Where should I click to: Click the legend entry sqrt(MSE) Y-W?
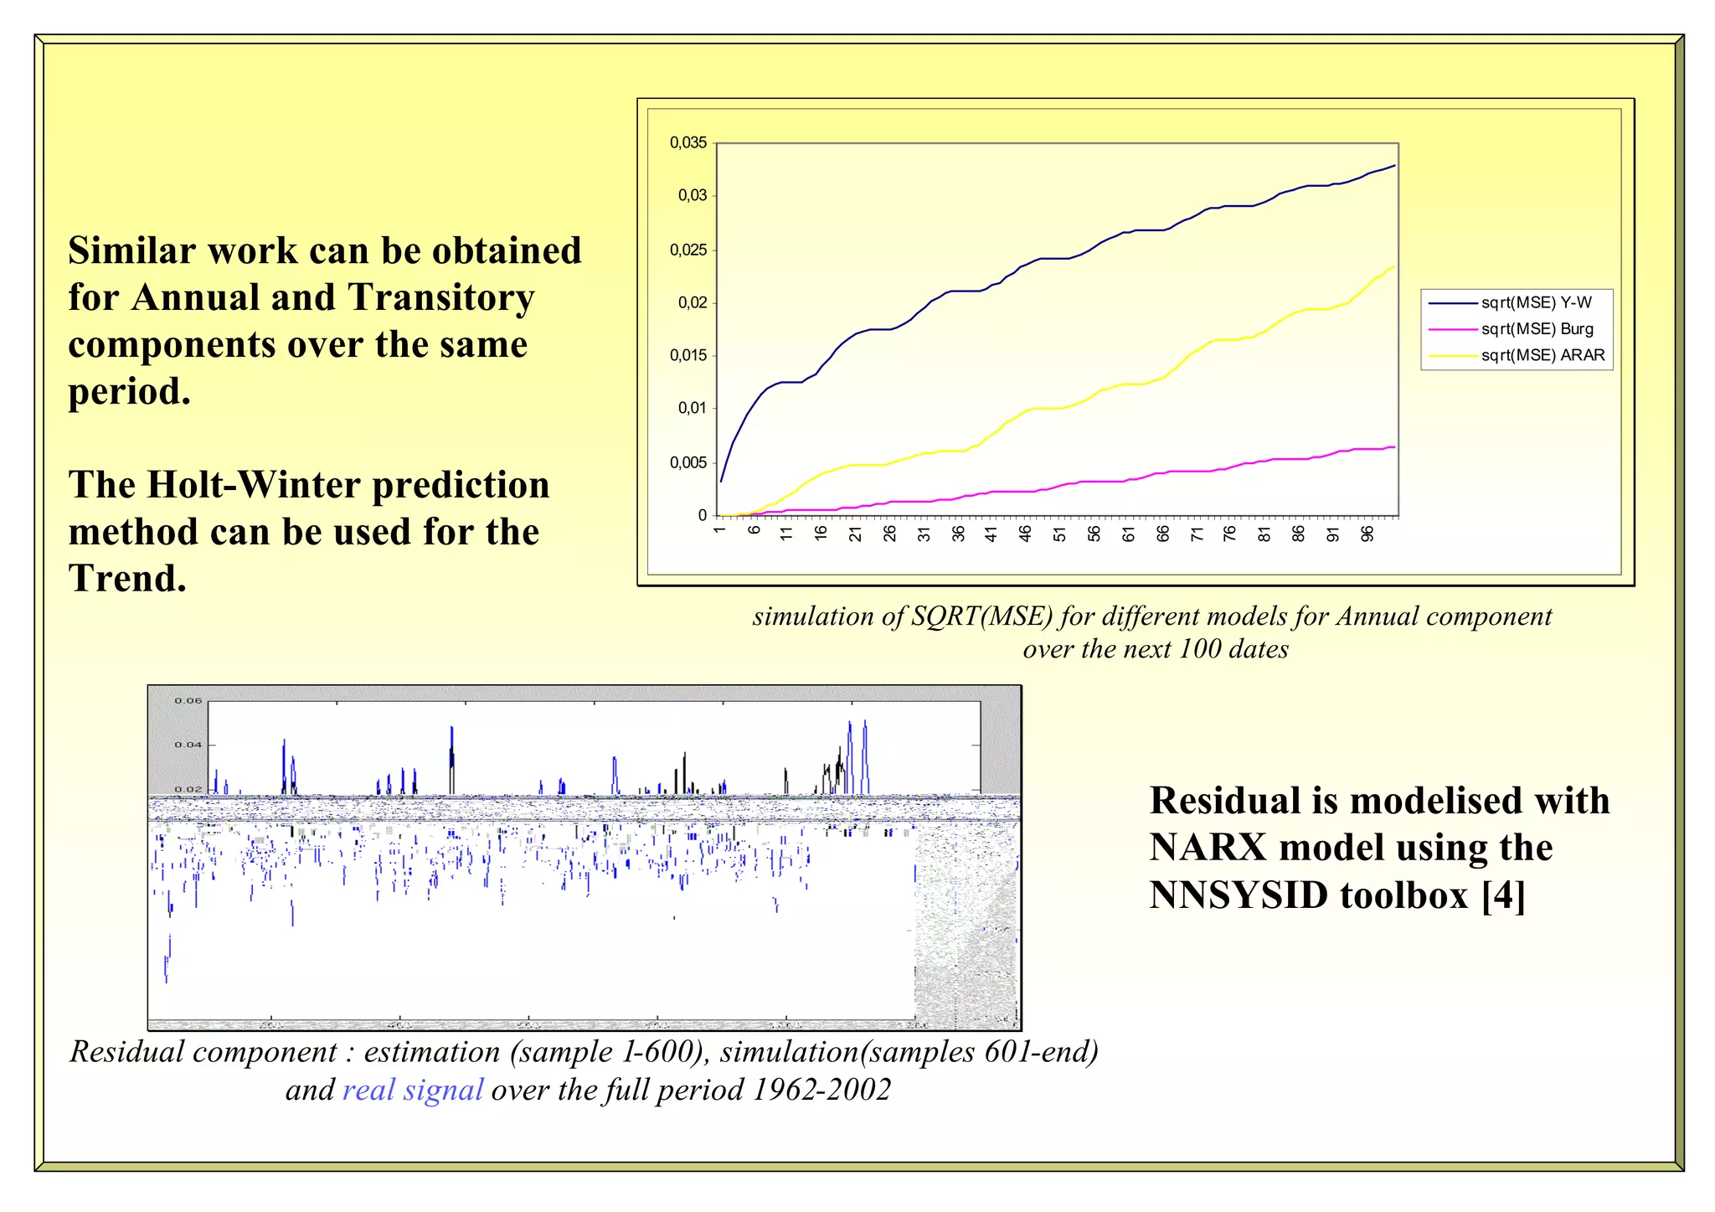pyautogui.click(x=1536, y=302)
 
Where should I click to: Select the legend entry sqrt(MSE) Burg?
pyautogui.click(x=1537, y=329)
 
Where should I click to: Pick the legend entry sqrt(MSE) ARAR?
pyautogui.click(x=1542, y=355)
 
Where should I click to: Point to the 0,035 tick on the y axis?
pyautogui.click(x=688, y=143)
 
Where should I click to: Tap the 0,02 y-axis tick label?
pyautogui.click(x=693, y=302)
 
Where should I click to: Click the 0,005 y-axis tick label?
pyautogui.click(x=688, y=462)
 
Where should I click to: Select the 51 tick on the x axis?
pyautogui.click(x=1060, y=534)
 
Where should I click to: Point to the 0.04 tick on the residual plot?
pyautogui.click(x=188, y=745)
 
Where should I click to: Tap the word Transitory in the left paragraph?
pyautogui.click(x=440, y=297)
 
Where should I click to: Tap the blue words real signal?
pyautogui.click(x=413, y=1090)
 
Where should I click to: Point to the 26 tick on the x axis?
pyautogui.click(x=889, y=534)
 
